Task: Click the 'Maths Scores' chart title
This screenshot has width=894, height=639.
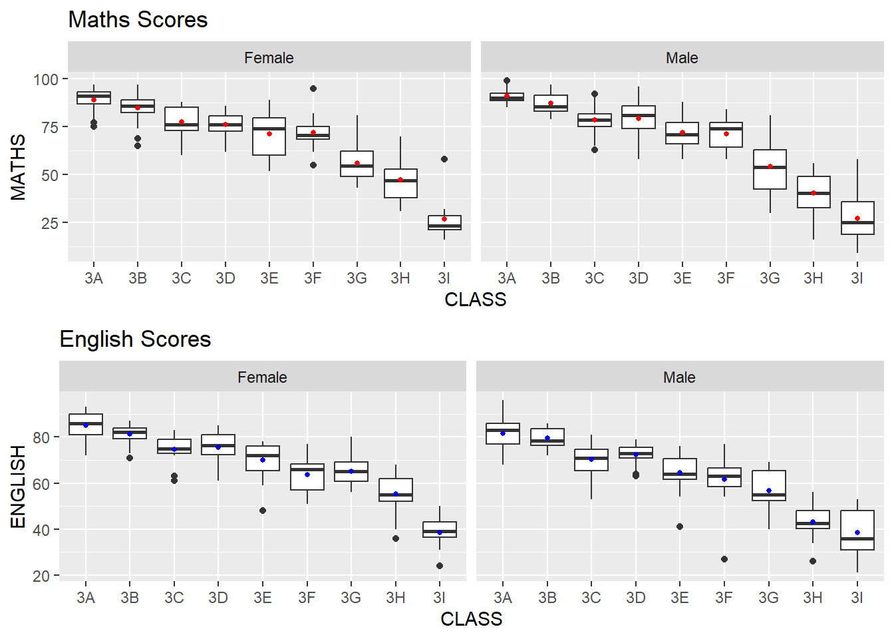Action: pyautogui.click(x=138, y=20)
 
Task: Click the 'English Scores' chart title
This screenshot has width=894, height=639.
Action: pyautogui.click(x=135, y=339)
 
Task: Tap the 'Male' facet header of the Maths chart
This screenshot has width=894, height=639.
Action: pyautogui.click(x=682, y=58)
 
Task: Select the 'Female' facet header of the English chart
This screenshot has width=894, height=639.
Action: pyautogui.click(x=262, y=377)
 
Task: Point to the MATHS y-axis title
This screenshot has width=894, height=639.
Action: pyautogui.click(x=18, y=167)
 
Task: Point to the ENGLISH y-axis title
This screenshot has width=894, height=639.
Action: pyautogui.click(x=18, y=487)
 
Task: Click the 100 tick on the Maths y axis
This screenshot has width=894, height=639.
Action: pyautogui.click(x=46, y=79)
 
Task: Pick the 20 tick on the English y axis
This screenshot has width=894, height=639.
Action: pyautogui.click(x=41, y=576)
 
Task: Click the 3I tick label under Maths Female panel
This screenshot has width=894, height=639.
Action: pyautogui.click(x=444, y=278)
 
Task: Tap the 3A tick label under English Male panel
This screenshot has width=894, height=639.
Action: pyautogui.click(x=503, y=598)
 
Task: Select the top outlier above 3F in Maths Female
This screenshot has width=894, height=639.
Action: pyautogui.click(x=313, y=89)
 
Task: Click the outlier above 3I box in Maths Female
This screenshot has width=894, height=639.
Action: pyautogui.click(x=444, y=159)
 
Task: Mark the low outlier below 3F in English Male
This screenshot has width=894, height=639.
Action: pyautogui.click(x=724, y=559)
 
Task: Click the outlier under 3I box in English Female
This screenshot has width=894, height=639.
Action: pyautogui.click(x=440, y=566)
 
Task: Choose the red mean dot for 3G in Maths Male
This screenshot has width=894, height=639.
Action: pyautogui.click(x=770, y=166)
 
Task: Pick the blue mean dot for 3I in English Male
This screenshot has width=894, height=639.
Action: pyautogui.click(x=857, y=532)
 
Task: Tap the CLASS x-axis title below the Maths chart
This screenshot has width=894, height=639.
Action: pyautogui.click(x=475, y=300)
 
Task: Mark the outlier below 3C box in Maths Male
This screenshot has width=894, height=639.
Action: pyautogui.click(x=595, y=150)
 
